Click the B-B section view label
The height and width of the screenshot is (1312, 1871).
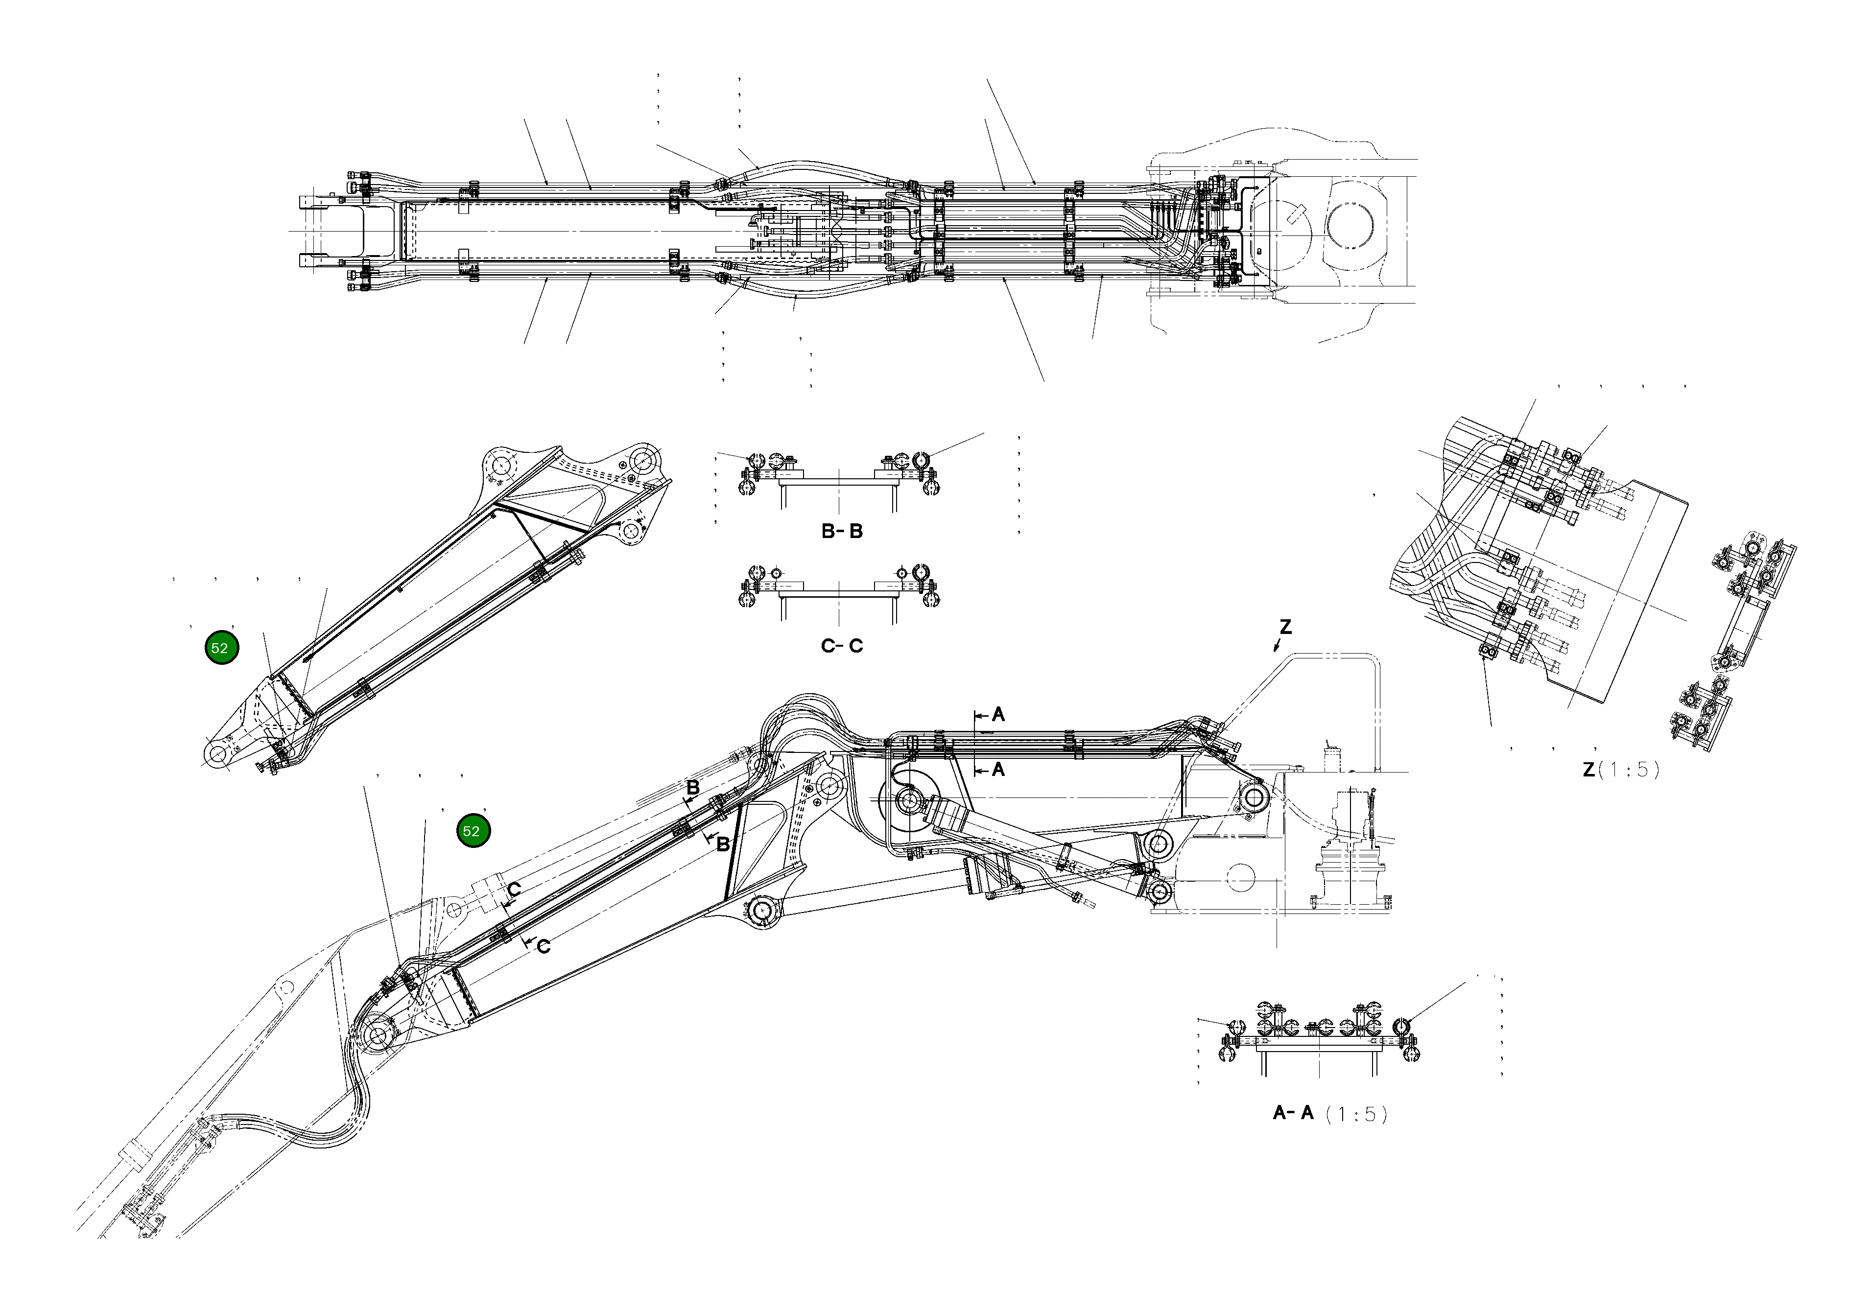click(842, 531)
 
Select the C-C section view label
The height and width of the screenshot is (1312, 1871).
click(842, 646)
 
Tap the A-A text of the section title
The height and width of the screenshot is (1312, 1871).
click(1293, 1113)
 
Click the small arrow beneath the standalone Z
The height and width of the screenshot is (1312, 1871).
click(1277, 646)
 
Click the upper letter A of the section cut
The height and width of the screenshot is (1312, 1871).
click(998, 716)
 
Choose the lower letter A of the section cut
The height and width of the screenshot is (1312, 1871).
click(998, 769)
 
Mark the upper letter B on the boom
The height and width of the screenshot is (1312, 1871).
click(693, 788)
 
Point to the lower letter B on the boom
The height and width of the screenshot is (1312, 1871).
click(722, 845)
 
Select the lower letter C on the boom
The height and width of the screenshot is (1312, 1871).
click(544, 946)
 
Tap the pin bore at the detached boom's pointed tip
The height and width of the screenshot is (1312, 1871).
click(217, 754)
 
